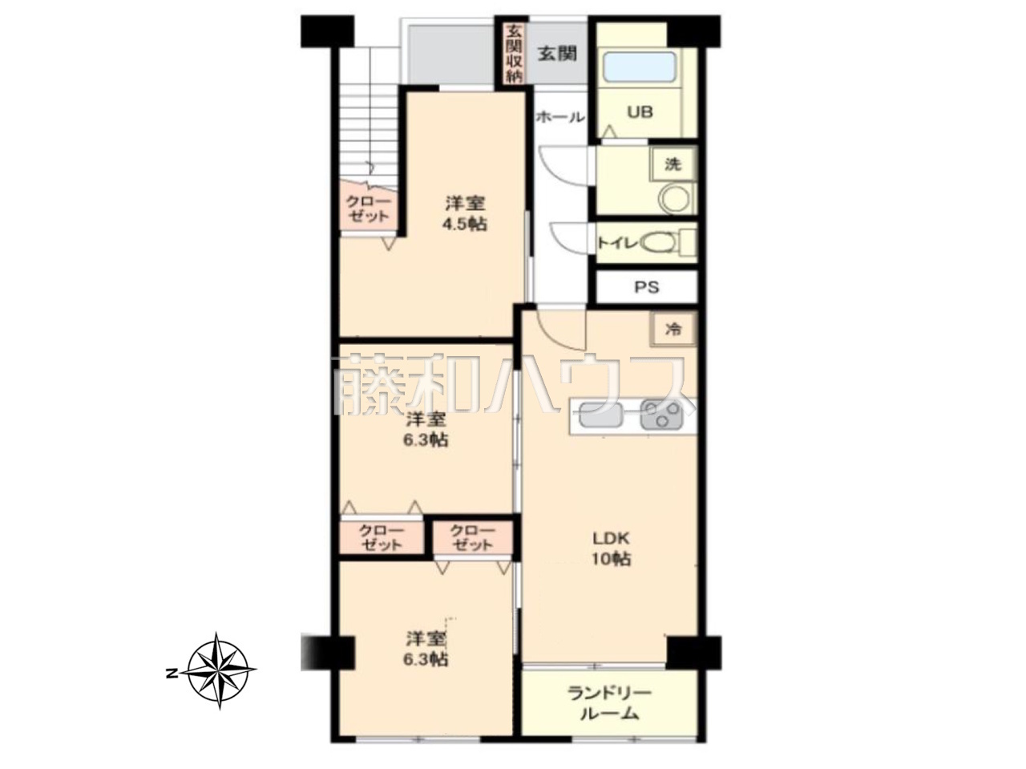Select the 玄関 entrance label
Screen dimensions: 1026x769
[557, 54]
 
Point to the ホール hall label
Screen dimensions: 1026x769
[559, 117]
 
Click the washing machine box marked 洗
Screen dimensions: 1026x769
[673, 164]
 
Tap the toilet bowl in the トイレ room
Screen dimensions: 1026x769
[660, 243]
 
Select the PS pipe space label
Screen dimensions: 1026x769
[647, 286]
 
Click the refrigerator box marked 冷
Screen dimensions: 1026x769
[673, 330]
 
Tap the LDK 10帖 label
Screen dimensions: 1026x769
[612, 548]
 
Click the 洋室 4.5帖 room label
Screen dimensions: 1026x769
[465, 213]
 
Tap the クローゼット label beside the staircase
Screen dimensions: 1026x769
[368, 209]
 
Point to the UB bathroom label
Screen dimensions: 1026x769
[640, 112]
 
